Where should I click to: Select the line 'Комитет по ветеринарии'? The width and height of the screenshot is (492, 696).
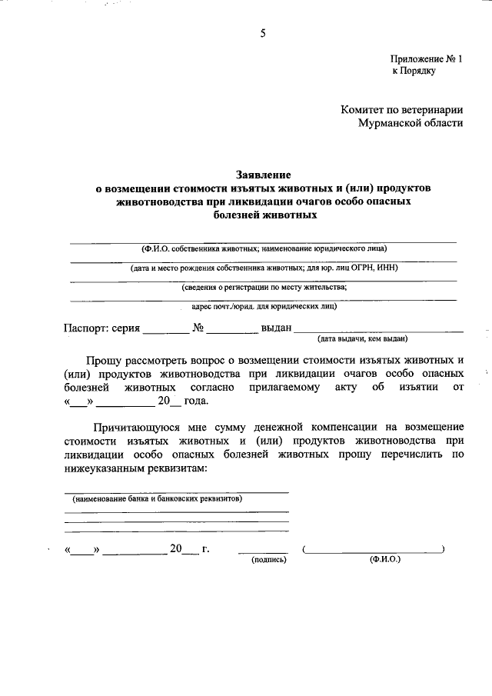(402, 110)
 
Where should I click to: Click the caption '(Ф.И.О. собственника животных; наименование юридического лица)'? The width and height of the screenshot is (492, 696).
(264, 248)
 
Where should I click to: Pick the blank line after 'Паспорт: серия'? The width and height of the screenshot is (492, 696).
(165, 329)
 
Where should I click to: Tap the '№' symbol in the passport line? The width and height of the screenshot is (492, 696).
(198, 328)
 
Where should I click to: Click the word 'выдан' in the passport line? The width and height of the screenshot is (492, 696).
(276, 328)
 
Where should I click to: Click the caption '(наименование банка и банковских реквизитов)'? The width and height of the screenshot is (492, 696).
(158, 498)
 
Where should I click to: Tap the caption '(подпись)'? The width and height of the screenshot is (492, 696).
(269, 561)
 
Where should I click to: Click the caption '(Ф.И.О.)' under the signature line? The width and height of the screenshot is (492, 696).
(384, 560)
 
